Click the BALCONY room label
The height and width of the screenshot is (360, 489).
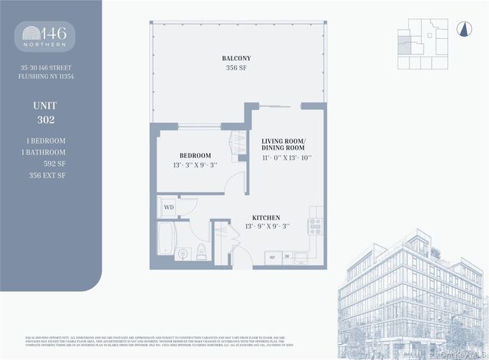click(236, 58)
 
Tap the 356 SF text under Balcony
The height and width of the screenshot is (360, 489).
click(236, 69)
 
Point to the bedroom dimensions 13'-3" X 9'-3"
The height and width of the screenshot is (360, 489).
click(195, 164)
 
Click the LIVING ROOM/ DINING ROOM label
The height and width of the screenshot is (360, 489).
click(283, 147)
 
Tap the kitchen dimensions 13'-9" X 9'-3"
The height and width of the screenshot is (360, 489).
click(267, 227)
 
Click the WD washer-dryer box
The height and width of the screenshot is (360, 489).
click(167, 206)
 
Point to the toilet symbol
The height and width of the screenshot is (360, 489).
click(202, 253)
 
